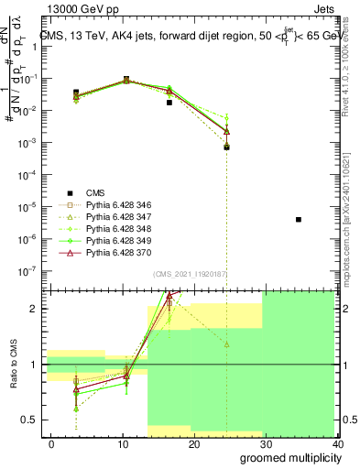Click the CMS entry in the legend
pos(94,192)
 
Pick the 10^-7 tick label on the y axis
pos(27,271)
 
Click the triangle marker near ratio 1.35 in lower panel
pos(226,344)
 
